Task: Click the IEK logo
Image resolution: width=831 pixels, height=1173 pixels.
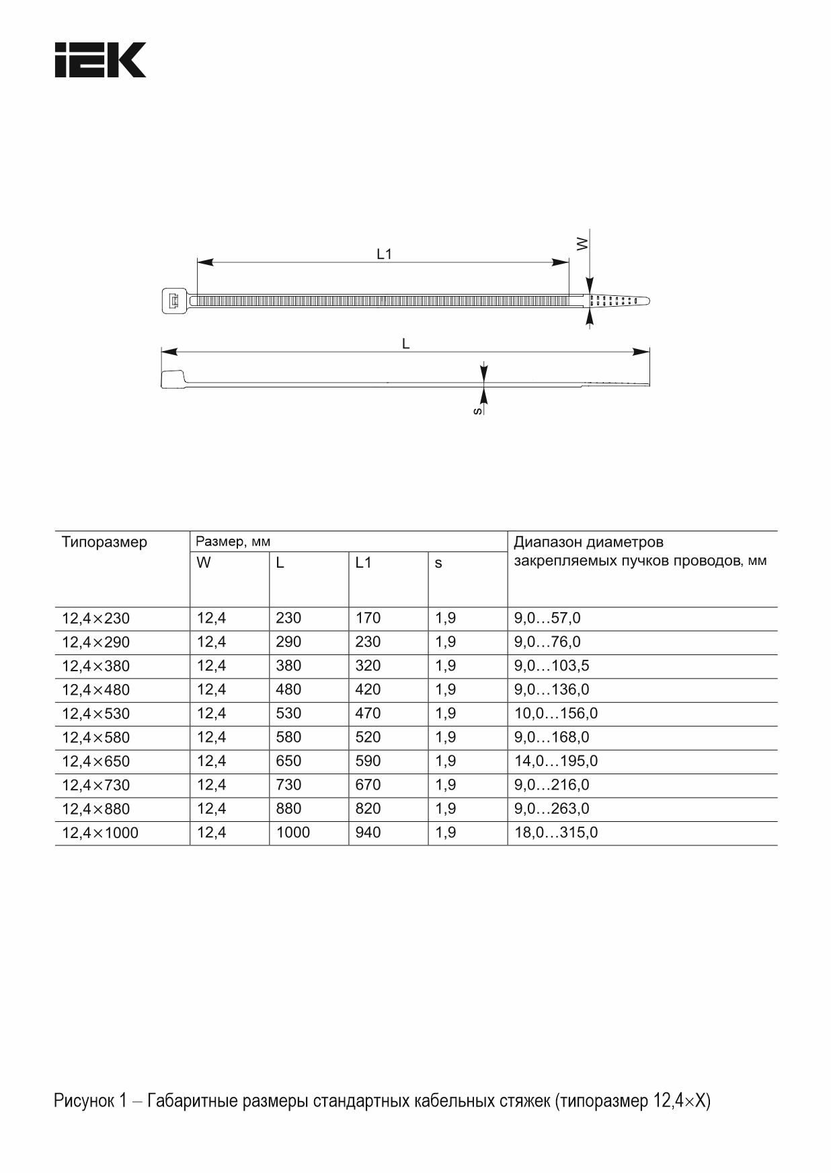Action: tap(100, 60)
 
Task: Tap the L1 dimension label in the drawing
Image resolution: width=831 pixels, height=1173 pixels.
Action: tap(384, 254)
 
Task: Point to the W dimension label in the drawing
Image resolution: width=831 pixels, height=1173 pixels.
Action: tap(582, 243)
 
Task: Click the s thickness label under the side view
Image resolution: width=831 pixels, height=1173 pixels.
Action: tap(477, 410)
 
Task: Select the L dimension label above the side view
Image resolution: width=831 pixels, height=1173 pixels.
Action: tap(405, 344)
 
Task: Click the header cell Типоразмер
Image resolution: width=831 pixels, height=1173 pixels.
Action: tap(104, 542)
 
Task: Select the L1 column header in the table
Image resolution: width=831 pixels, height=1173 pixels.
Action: tap(363, 563)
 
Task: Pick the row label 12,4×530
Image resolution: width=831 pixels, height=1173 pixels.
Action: tap(95, 714)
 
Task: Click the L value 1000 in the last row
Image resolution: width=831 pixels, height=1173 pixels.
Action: tap(293, 833)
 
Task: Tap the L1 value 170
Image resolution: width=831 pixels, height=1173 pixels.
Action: tap(368, 618)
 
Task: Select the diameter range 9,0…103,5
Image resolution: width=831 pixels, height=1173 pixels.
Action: tap(551, 666)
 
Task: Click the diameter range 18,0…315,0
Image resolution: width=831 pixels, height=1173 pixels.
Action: tap(555, 833)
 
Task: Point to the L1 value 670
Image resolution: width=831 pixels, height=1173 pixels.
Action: tap(368, 785)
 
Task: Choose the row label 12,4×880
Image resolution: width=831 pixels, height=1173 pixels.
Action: tap(95, 809)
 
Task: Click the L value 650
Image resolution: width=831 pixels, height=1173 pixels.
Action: tap(288, 761)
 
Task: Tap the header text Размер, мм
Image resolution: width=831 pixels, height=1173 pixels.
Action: tap(233, 542)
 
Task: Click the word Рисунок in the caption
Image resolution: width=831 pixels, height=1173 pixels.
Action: tap(84, 1101)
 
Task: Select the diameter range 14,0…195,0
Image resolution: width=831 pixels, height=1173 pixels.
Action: tap(555, 761)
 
